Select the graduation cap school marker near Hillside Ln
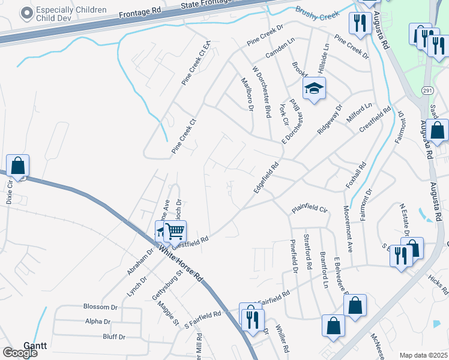pyautogui.click(x=314, y=89)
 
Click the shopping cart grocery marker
pyautogui.click(x=175, y=231)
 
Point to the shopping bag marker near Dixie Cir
pyautogui.click(x=18, y=166)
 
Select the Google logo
pyautogui.click(x=20, y=353)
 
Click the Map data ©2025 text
pyautogui.click(x=423, y=355)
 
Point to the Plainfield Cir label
pyautogui.click(x=310, y=209)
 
